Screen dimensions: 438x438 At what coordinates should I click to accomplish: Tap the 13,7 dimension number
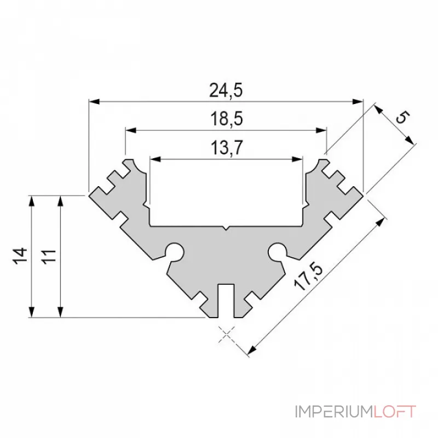pyautogui.click(x=226, y=148)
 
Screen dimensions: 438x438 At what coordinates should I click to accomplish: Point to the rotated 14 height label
pyautogui.click(x=20, y=256)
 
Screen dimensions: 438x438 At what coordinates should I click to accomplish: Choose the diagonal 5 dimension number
pyautogui.click(x=402, y=118)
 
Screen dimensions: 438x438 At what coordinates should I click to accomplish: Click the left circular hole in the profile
pyautogui.click(x=175, y=251)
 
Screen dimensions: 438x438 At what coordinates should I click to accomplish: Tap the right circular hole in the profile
pyautogui.click(x=277, y=251)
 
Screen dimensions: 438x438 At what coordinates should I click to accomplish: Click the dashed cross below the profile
pyautogui.click(x=226, y=332)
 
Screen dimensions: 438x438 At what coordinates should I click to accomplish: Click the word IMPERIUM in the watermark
pyautogui.click(x=334, y=411)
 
